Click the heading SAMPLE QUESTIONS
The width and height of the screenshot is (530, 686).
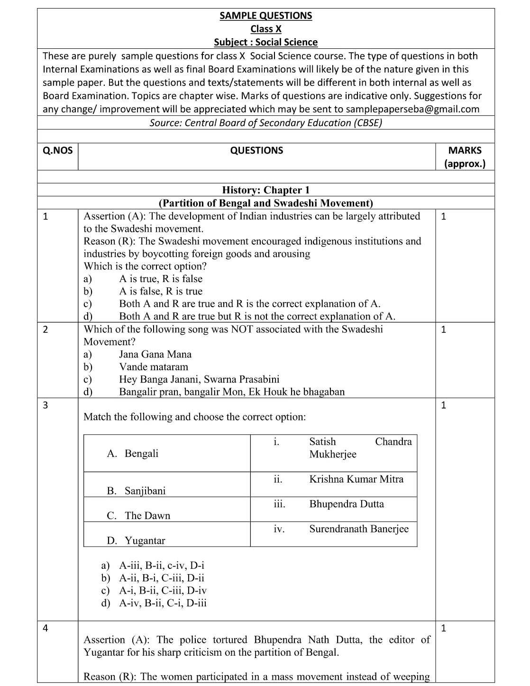[x=265, y=16]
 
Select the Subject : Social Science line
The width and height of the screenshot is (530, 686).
[x=265, y=42]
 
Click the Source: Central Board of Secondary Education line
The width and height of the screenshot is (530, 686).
[x=265, y=123]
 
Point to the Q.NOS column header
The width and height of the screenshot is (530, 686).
[x=58, y=151]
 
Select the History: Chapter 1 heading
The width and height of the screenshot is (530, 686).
[x=265, y=190]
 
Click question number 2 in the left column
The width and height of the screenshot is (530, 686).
[x=46, y=329]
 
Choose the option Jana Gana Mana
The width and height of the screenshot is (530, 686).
[x=155, y=355]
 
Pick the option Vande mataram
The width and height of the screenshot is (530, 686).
[x=153, y=367]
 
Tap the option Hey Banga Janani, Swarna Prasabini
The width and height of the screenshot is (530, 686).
[x=199, y=379]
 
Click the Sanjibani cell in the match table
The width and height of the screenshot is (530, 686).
[x=145, y=491]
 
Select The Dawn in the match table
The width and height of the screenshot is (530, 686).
[x=147, y=516]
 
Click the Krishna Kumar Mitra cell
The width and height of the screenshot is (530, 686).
[x=356, y=479]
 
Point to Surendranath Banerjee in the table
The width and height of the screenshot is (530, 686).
[x=358, y=529]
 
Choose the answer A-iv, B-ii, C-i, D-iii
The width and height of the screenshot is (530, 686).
[x=163, y=603]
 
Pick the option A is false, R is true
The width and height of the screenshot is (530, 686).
[x=160, y=292]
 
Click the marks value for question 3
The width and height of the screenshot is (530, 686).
[x=443, y=405]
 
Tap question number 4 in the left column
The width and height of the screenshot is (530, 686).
[x=46, y=629]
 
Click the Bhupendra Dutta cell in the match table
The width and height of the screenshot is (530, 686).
[x=347, y=504]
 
